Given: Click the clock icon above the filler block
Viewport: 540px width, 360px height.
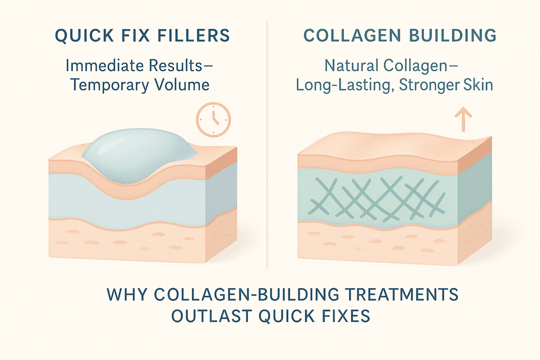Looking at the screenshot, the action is pos(214,120).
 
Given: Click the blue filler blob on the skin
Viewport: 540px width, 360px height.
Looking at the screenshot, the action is pos(139,155).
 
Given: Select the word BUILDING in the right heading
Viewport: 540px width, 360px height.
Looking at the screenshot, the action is pos(451,35).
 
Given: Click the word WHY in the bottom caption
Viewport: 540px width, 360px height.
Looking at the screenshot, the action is pos(127,295).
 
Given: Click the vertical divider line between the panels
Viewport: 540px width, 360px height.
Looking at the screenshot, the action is pos(267,144).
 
